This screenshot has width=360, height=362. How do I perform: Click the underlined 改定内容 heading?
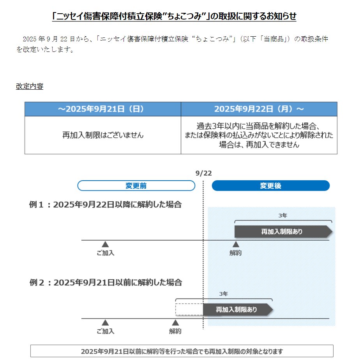pos(29,86)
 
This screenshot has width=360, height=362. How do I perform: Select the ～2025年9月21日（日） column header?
pos(102,109)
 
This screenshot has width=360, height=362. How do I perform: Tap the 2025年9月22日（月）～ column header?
pos(259,109)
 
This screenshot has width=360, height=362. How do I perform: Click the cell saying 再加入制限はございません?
pos(102,135)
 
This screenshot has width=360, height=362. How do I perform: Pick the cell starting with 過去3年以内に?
pos(259,135)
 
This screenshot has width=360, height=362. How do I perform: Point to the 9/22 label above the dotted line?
pos(203,173)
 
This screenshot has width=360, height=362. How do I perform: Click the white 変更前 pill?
pos(136,186)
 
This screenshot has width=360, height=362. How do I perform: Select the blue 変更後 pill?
pos(270,186)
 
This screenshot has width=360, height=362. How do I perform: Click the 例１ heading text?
pos(105,204)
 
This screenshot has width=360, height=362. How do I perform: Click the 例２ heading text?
pos(105,282)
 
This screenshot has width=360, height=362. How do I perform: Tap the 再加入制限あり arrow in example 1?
pos(283,231)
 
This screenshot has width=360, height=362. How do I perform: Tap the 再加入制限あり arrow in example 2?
pos(237,310)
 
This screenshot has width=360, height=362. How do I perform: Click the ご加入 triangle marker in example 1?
pos(105,245)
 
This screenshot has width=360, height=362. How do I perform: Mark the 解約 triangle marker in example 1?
pos(236,245)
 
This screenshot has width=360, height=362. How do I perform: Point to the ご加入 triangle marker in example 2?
pos(105,323)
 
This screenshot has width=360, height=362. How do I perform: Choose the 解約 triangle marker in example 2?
pos(175,323)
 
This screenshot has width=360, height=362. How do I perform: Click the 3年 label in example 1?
pos(283,215)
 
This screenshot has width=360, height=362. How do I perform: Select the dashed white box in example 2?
pos(189,310)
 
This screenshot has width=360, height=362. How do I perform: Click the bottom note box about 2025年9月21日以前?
pos(182,351)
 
